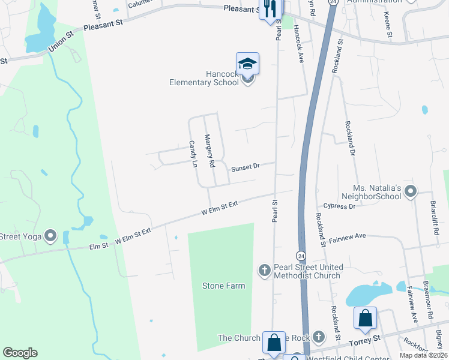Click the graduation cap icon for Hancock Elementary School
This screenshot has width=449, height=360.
[x=247, y=63]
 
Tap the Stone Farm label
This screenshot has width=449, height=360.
[x=223, y=286]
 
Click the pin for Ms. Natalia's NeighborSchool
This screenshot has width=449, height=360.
[x=411, y=192]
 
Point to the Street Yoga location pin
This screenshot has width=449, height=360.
[x=51, y=236]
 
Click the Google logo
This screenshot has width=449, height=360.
[x=20, y=352]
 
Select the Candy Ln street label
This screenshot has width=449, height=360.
[x=193, y=154]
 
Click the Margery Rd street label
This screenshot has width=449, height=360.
[x=210, y=151]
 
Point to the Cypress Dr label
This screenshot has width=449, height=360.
[x=340, y=206]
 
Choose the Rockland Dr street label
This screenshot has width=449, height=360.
[x=349, y=139]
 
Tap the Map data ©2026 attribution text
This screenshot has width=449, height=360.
[x=423, y=355]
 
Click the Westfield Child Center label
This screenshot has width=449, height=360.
[x=337, y=359]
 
